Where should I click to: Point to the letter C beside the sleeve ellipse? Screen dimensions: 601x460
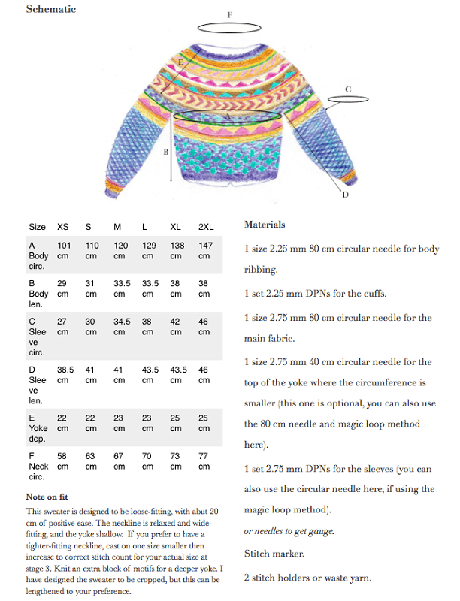tap(348, 89)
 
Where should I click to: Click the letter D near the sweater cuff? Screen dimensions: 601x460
tap(345, 195)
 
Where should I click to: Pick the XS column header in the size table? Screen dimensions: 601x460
tap(63, 226)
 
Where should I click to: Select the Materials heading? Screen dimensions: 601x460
tap(265, 224)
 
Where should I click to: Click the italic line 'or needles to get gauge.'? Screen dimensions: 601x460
tap(289, 531)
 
